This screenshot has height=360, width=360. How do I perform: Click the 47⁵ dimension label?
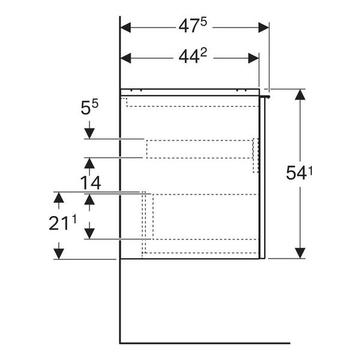(193, 25)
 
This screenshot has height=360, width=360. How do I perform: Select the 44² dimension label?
(193, 56)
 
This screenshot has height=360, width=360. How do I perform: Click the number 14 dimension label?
(91, 183)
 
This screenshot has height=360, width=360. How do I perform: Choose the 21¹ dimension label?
(62, 223)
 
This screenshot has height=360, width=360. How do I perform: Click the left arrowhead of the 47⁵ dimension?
(125, 28)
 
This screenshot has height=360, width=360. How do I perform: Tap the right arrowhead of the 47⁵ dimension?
(263, 28)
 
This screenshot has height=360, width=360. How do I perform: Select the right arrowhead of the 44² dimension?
(253, 58)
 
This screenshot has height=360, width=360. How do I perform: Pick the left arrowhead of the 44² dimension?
(125, 58)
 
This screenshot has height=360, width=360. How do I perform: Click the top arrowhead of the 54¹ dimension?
(300, 95)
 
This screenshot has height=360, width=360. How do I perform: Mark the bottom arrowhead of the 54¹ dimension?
(300, 253)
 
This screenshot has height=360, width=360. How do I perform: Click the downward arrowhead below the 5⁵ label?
(89, 134)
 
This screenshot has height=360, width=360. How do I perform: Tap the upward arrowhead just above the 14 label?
(89, 163)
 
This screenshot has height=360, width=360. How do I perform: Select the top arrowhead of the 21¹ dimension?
(59, 197)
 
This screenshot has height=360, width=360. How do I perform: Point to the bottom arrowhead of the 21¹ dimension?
(59, 254)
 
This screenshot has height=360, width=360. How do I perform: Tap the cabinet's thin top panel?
(190, 92)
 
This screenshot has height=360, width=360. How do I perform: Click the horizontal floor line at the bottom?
(205, 343)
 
